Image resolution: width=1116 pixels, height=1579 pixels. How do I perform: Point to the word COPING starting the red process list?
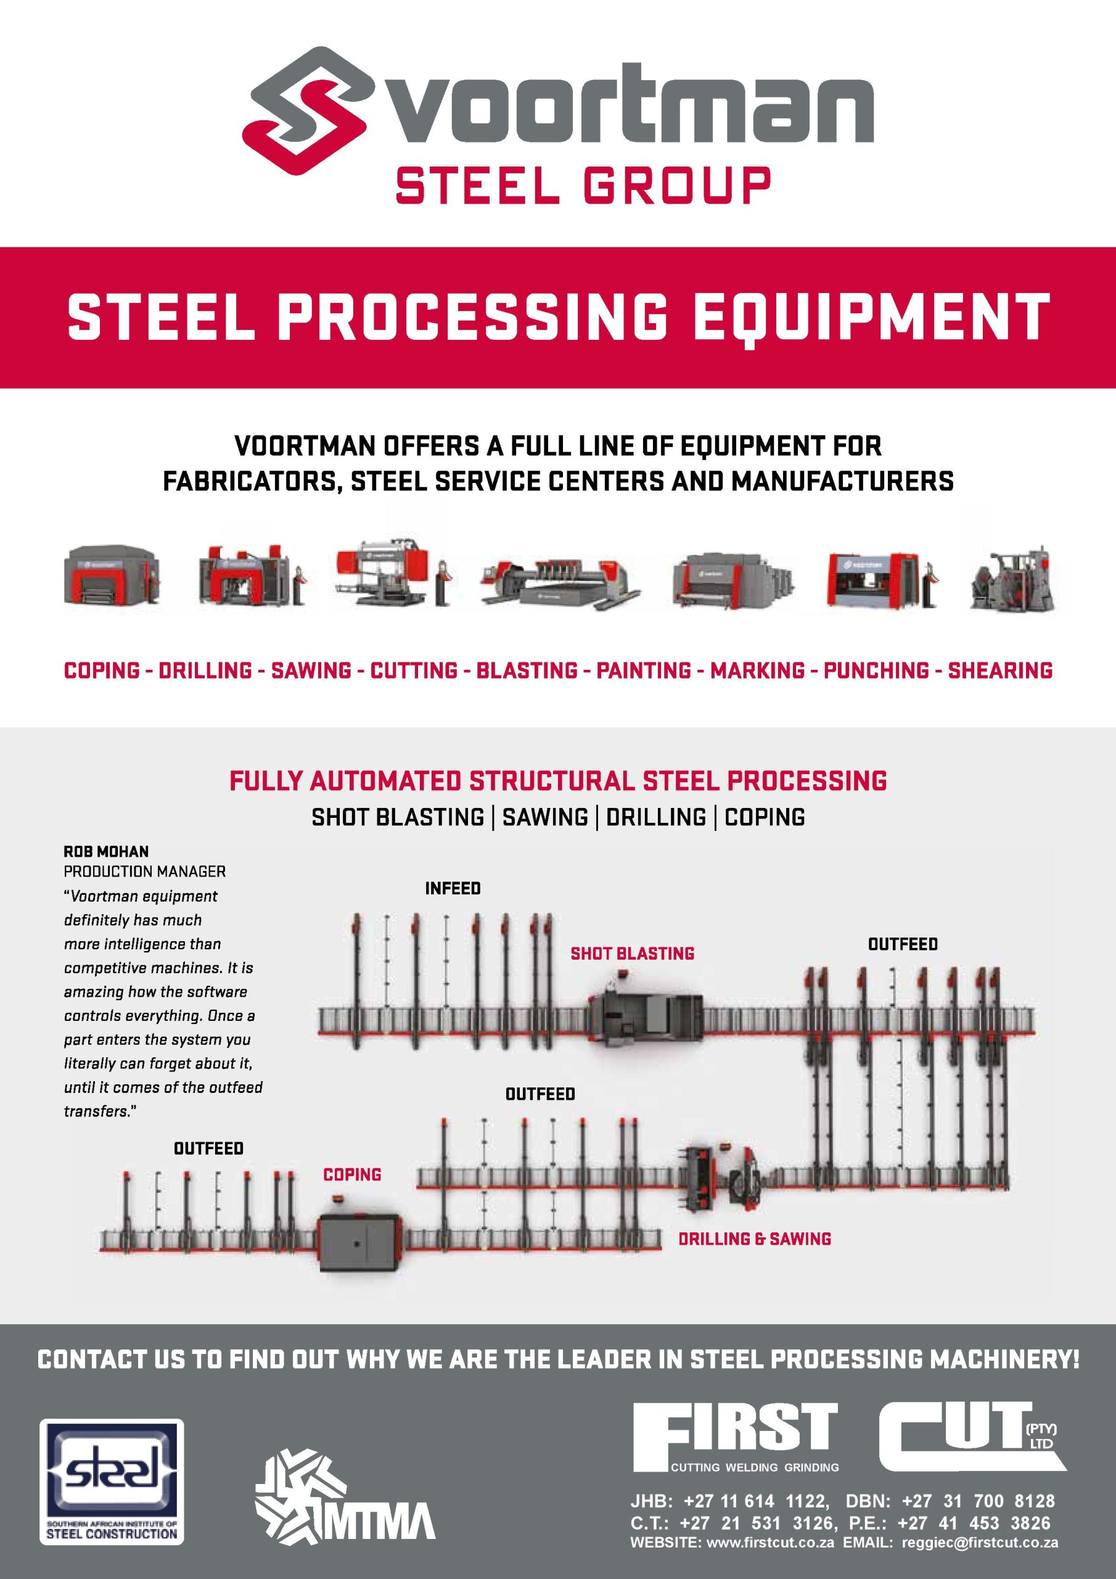pos(102,670)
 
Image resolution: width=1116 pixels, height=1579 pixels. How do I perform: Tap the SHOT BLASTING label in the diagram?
pos(633,953)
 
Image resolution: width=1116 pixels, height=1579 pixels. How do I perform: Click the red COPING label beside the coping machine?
pos(352,1174)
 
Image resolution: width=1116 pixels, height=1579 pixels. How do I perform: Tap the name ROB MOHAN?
pos(106,851)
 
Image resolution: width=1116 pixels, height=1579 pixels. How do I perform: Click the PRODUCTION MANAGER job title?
pos(144,872)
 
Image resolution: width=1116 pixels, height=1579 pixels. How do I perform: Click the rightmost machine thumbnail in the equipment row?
pos(1011,580)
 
